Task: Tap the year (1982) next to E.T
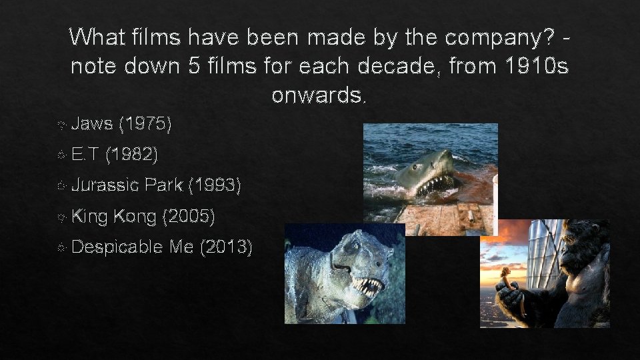tap(131, 155)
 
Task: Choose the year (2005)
tap(188, 216)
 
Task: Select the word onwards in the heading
tap(319, 95)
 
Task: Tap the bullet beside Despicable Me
tap(61, 247)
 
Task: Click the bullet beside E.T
tap(61, 155)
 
